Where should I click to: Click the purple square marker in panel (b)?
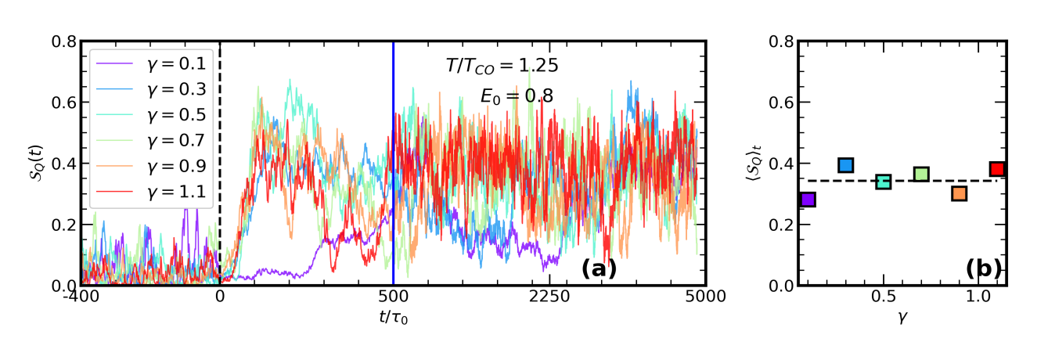point(808,199)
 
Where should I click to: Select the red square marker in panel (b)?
point(996,168)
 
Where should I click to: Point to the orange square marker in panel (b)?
point(959,193)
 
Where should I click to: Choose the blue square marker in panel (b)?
point(845,164)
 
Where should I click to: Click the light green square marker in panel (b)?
point(921,174)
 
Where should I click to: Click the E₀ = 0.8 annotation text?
point(517,96)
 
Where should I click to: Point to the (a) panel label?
point(599,268)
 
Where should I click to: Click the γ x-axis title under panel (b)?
point(902,319)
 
